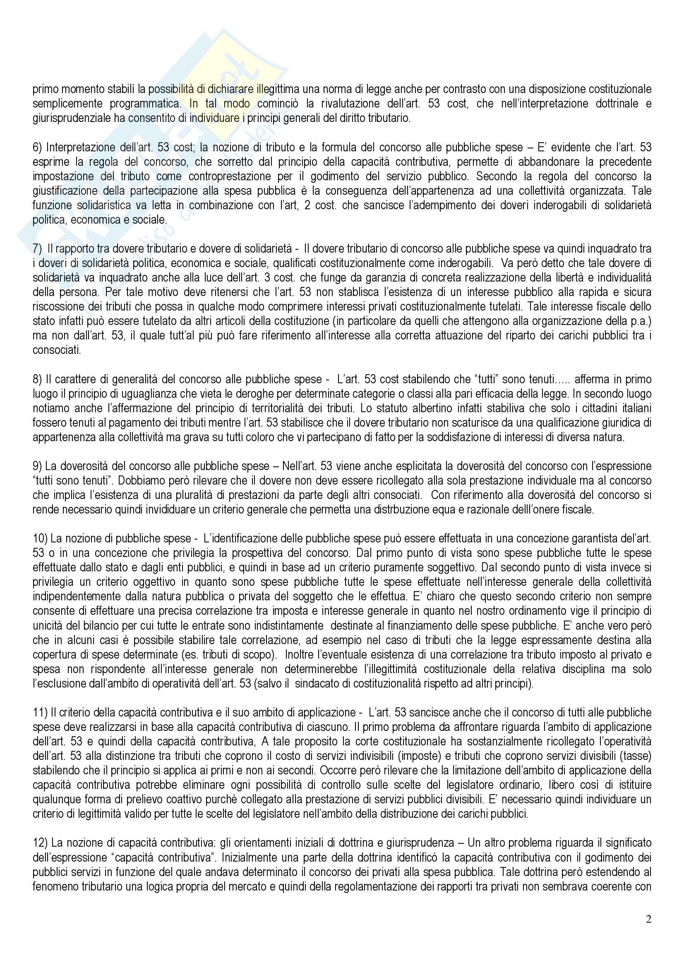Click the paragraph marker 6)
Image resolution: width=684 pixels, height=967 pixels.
click(x=38, y=148)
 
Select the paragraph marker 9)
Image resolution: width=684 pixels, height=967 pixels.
click(x=38, y=466)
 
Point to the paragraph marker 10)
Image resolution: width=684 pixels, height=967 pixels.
click(x=40, y=538)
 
